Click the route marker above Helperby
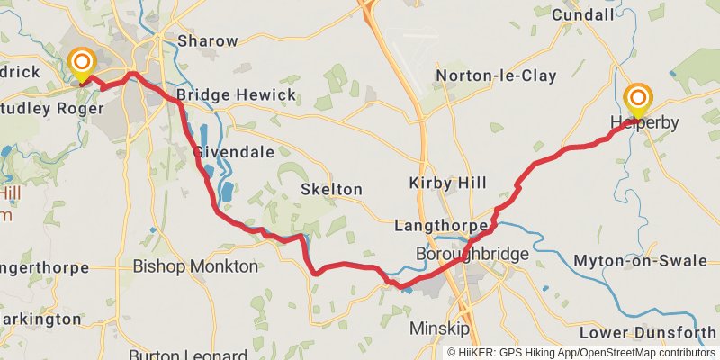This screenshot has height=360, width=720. click(x=639, y=97)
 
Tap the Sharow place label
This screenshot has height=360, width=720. click(x=208, y=40)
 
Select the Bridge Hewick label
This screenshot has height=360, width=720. click(x=223, y=94)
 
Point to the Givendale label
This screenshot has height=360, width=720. click(x=233, y=152)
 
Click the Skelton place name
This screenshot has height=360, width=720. click(x=332, y=189)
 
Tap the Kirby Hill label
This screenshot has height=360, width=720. click(x=446, y=183)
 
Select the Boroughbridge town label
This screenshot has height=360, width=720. click(x=472, y=255)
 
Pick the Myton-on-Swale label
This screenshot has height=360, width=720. click(x=641, y=261)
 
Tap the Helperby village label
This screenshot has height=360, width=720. click(x=642, y=121)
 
